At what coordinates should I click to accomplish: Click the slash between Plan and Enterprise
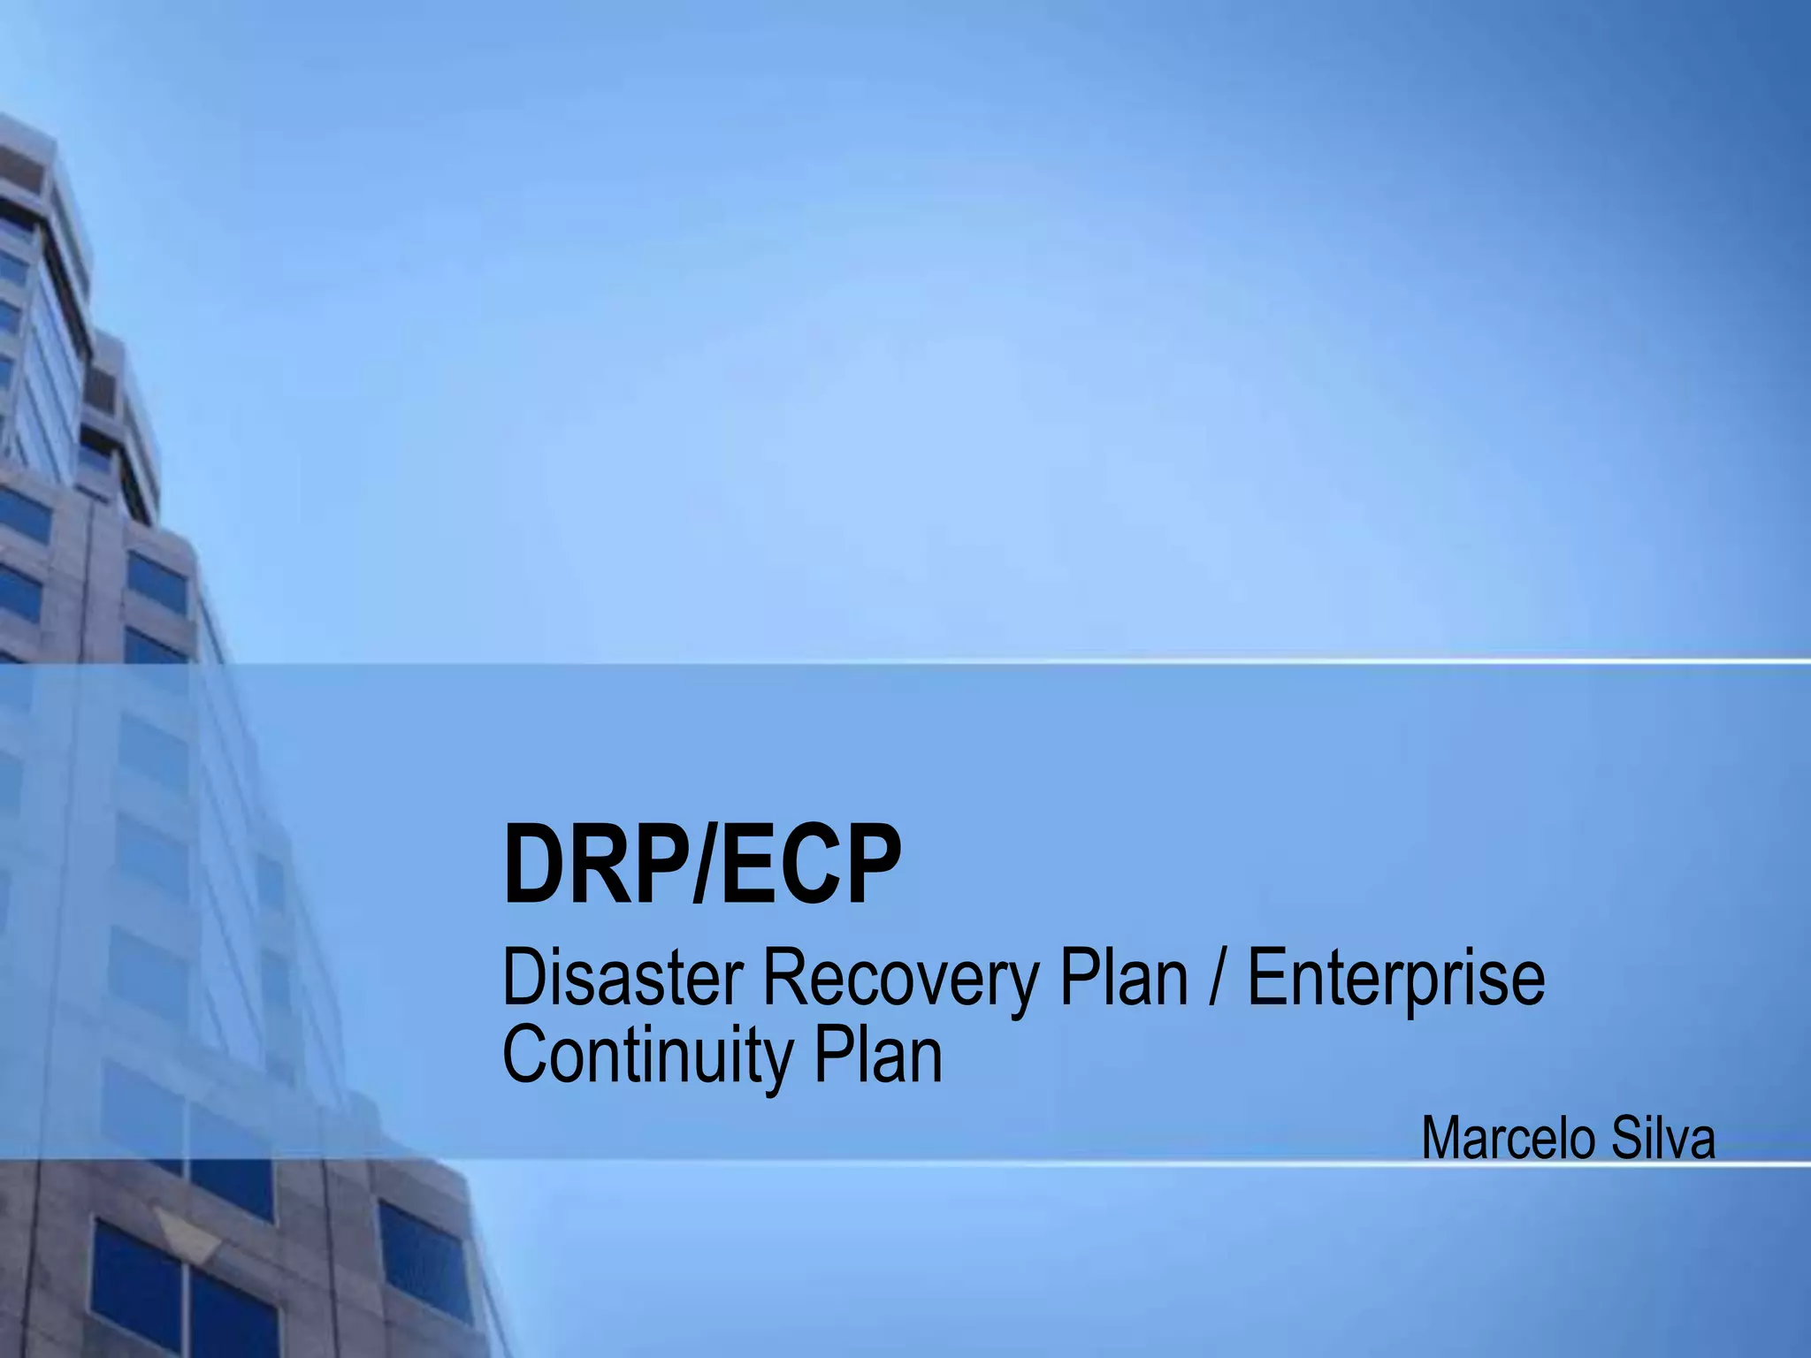pyautogui.click(x=1218, y=980)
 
